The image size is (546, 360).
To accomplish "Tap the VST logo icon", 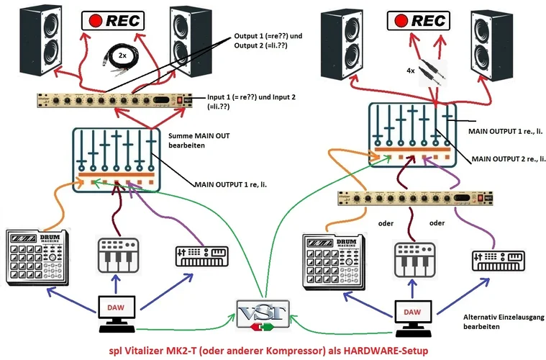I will [263, 316].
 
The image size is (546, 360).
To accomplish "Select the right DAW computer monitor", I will [416, 312].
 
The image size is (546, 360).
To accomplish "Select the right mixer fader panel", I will [412, 132].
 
